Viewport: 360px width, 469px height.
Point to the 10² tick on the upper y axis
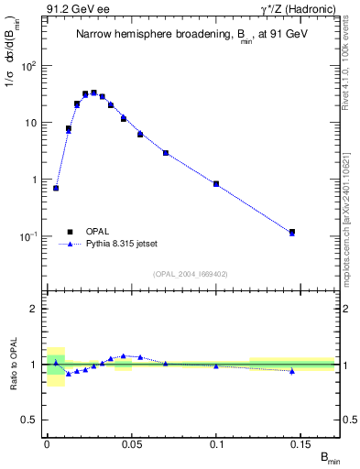tap(32, 66)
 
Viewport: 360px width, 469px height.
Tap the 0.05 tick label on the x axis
tap(131, 445)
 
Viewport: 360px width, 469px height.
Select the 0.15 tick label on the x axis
tap(301, 445)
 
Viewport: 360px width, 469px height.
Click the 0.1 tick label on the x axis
tap(217, 445)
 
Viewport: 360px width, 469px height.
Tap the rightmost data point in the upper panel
tap(292, 233)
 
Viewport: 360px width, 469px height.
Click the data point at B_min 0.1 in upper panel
tap(216, 184)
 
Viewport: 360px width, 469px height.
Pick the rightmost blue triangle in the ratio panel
tap(292, 371)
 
